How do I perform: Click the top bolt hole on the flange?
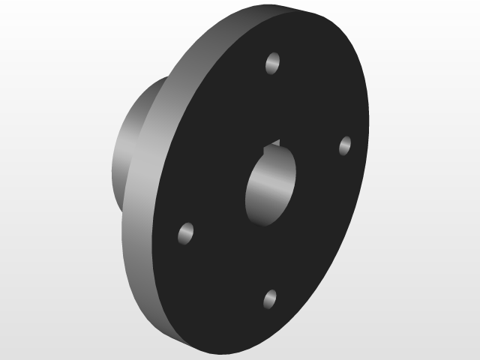[x=274, y=62]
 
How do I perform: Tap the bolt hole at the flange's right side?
[x=345, y=145]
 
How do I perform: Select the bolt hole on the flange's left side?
[x=186, y=233]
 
